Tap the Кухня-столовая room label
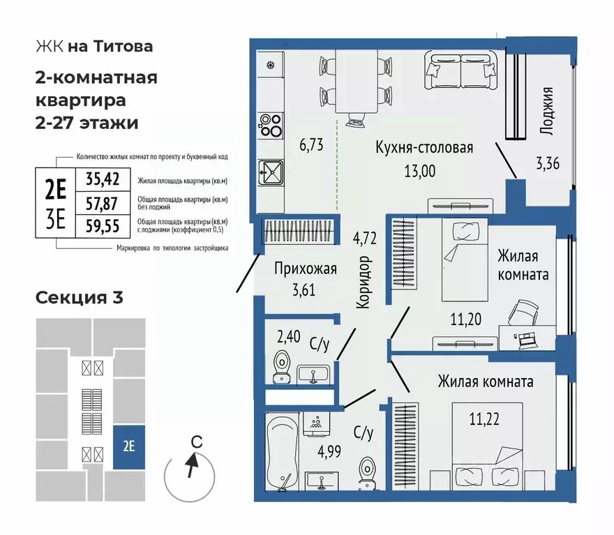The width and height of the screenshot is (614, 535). tap(424, 148)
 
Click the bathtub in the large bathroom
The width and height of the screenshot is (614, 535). tap(283, 450)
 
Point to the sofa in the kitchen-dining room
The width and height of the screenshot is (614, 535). tap(455, 72)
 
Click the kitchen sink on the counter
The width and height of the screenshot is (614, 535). tap(269, 170)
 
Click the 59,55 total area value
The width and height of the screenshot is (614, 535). tap(103, 225)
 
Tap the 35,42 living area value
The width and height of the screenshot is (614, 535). tap(103, 179)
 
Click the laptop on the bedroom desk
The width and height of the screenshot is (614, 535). tap(525, 338)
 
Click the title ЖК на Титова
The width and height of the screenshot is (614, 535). tap(93, 47)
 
